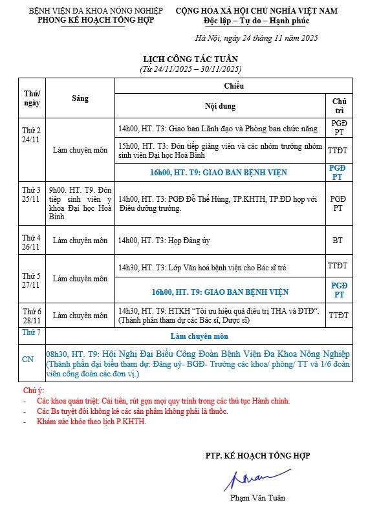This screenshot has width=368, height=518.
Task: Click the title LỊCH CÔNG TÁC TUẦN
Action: click(190, 59)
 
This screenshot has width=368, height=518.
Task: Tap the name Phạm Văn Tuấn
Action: click(257, 498)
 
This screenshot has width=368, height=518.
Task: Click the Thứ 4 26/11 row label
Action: click(32, 241)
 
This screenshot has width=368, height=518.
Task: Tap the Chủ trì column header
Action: click(338, 105)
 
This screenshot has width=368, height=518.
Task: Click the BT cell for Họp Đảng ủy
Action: click(338, 241)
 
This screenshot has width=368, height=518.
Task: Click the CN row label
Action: click(28, 358)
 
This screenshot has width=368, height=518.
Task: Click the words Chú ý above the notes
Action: click(33, 391)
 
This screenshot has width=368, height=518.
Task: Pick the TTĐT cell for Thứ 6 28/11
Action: click(338, 316)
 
